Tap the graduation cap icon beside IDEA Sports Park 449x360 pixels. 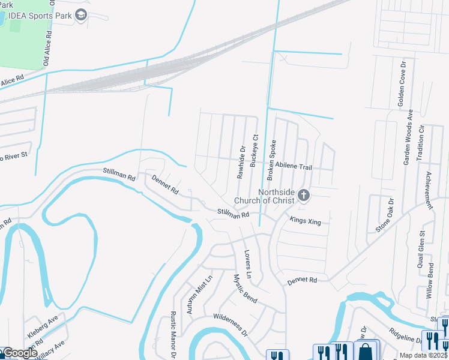pos(82,14)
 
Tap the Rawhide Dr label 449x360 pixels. pos(242,163)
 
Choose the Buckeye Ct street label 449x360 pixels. pos(255,151)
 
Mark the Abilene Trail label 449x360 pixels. pos(294,168)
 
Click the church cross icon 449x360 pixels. pos(304,195)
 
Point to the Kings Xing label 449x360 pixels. pos(306,221)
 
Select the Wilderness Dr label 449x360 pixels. pos(230,323)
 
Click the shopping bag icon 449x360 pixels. pos(366,351)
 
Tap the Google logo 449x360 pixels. pos(20,353)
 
